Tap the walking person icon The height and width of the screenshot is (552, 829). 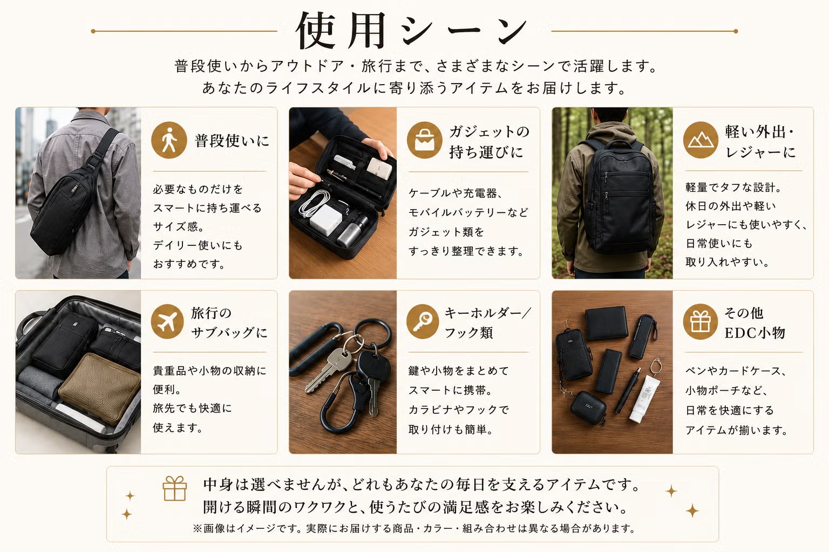(169, 140)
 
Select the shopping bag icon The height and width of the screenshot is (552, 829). (425, 140)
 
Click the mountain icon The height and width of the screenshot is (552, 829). (701, 140)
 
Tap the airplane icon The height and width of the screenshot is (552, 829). (167, 322)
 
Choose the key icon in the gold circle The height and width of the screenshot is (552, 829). (423, 322)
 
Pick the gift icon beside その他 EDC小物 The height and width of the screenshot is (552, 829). (700, 322)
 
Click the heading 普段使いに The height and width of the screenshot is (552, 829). (232, 141)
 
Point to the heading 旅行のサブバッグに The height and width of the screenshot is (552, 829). (229, 323)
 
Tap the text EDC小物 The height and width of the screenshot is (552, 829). (755, 333)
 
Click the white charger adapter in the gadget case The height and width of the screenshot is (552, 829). (325, 219)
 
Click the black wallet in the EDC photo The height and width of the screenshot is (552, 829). (606, 323)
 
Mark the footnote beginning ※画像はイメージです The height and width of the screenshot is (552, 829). (414, 528)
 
